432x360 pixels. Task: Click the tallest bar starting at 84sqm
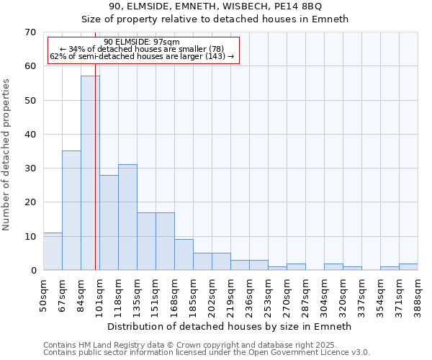click(x=90, y=173)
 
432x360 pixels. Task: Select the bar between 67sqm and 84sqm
click(x=71, y=210)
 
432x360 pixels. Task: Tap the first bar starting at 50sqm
click(x=53, y=251)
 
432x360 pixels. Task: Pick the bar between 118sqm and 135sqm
click(x=127, y=217)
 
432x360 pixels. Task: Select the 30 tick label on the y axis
click(x=30, y=168)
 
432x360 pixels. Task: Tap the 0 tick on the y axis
click(x=33, y=271)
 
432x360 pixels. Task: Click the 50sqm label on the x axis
click(x=44, y=292)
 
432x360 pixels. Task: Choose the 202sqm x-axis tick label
click(x=212, y=294)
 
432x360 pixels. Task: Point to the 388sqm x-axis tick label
click(x=418, y=294)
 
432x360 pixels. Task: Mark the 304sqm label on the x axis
click(x=325, y=294)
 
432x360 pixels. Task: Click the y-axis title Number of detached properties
click(x=6, y=155)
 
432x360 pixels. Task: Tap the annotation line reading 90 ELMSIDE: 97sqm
click(x=142, y=42)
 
